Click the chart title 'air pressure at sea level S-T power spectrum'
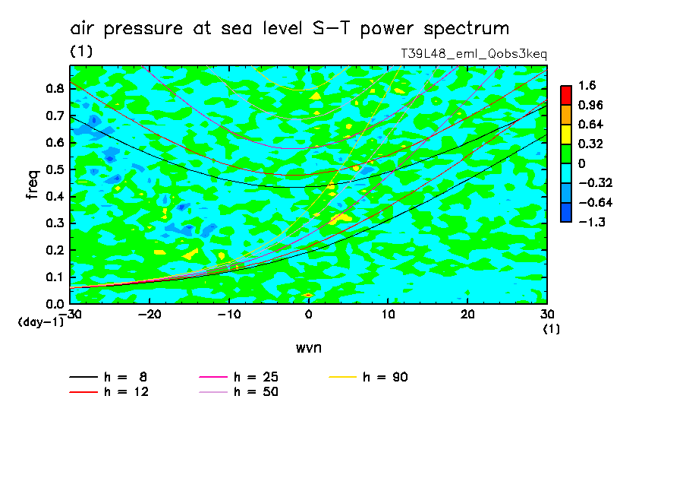(289, 29)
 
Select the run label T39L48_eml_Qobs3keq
(474, 55)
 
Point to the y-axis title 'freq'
(32, 185)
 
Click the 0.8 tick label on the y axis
(53, 88)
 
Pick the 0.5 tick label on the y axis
(53, 169)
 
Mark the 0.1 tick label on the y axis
(53, 277)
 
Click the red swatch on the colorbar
(565, 95)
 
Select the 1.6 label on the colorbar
(587, 85)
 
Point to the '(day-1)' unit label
(40, 322)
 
